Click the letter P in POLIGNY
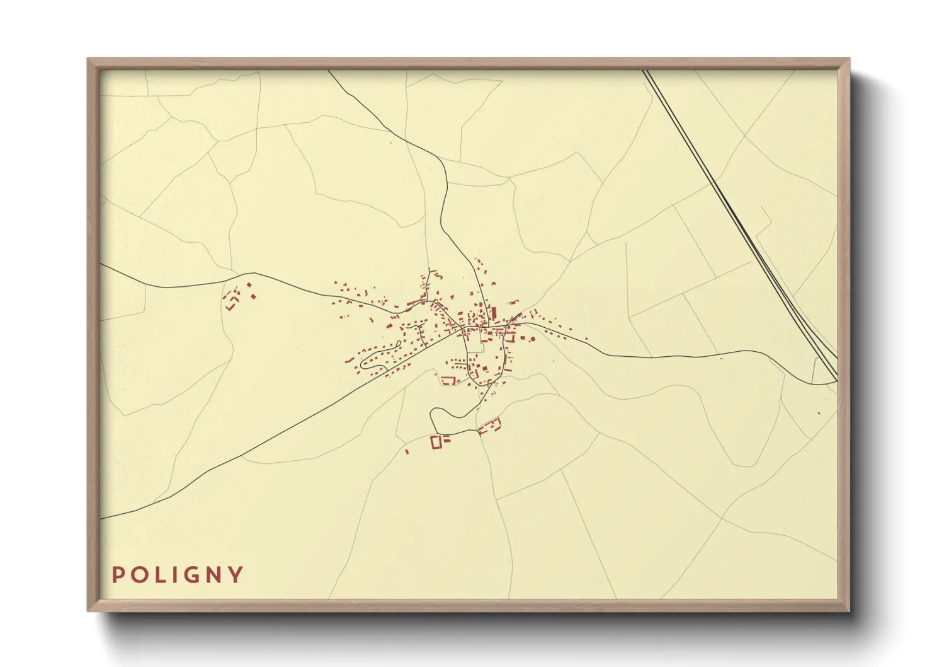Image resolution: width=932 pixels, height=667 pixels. click(116, 575)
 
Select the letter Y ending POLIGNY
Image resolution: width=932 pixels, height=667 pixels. click(236, 575)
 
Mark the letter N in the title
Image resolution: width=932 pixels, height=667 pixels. click(213, 575)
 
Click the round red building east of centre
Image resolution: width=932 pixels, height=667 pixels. click(532, 339)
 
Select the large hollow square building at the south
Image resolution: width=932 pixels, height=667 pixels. click(435, 442)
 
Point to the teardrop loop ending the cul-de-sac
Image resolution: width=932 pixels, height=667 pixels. click(364, 362)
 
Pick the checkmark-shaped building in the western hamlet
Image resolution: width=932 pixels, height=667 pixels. click(231, 306)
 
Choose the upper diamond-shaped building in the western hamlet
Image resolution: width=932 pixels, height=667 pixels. click(249, 286)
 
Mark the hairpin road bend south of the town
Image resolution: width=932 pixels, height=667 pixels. click(432, 416)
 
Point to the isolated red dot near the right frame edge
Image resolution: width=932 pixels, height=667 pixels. click(819, 414)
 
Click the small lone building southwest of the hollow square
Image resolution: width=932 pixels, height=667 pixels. click(407, 451)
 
